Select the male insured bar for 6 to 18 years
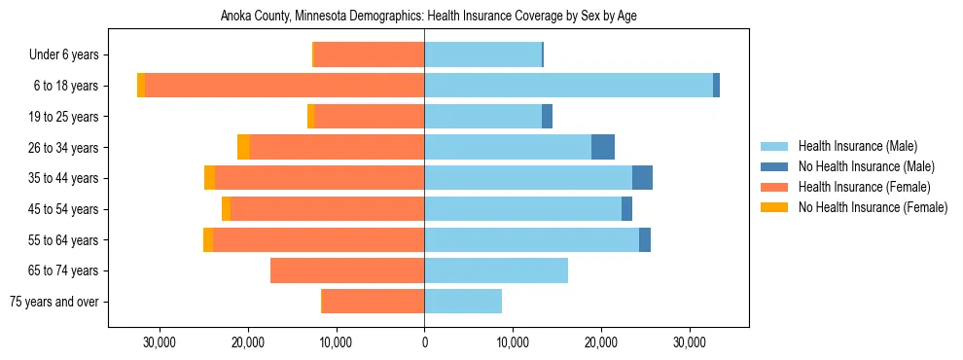[568, 86]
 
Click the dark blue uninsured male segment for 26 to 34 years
[603, 147]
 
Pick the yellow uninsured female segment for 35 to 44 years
[210, 178]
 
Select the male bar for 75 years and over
[463, 302]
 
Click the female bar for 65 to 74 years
[347, 270]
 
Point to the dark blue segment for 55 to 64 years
[645, 239]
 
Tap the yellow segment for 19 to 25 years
[311, 117]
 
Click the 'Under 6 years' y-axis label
[69, 55]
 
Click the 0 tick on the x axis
[424, 342]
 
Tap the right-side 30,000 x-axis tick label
[690, 342]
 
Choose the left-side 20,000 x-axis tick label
[248, 342]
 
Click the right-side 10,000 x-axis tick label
[513, 342]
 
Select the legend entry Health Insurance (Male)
[857, 146]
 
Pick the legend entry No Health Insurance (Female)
[872, 207]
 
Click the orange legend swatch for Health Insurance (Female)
[775, 187]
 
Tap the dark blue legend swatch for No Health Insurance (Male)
[775, 166]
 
